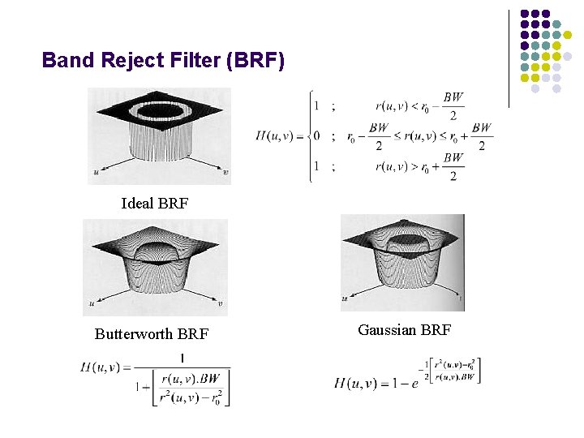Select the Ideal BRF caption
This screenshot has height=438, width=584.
tap(154, 203)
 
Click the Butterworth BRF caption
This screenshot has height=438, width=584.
tap(152, 333)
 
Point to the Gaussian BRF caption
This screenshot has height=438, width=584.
tap(404, 329)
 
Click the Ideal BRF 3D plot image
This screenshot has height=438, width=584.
tap(159, 136)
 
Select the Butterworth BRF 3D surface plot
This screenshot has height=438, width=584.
tap(155, 267)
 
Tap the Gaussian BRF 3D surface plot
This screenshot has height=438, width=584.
tap(402, 262)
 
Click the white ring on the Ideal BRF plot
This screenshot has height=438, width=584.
tap(159, 109)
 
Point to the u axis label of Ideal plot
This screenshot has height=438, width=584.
tap(96, 171)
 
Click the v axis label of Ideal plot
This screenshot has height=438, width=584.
tap(225, 172)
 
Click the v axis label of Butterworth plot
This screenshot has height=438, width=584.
tap(221, 305)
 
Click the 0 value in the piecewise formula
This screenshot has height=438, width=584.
tap(316, 136)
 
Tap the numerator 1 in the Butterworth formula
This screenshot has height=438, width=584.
tap(182, 358)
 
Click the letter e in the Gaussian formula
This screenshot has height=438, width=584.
tap(415, 383)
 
